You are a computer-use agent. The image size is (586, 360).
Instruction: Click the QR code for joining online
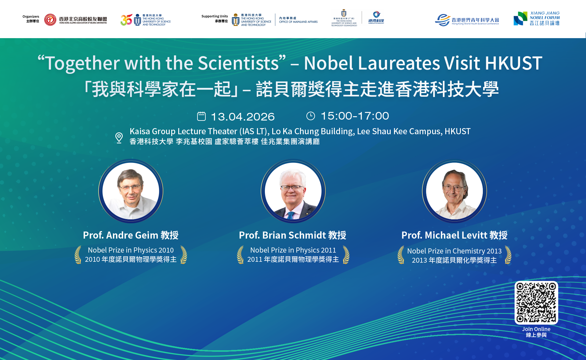click(536, 302)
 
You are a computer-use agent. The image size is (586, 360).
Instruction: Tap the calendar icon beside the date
click(201, 116)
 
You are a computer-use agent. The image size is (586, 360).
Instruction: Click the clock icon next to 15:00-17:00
click(310, 116)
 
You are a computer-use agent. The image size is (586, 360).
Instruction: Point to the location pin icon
click(119, 138)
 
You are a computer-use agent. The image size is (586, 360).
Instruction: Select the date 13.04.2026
click(243, 117)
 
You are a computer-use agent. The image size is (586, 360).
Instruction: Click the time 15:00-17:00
click(355, 116)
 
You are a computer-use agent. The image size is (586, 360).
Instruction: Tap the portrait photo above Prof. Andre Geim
click(131, 191)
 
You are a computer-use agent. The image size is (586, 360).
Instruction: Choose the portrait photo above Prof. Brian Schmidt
click(293, 191)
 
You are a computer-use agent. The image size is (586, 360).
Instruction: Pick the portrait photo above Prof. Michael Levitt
click(454, 191)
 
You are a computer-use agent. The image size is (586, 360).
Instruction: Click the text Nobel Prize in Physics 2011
click(293, 250)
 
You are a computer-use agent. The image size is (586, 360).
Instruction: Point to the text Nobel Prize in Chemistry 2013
click(454, 251)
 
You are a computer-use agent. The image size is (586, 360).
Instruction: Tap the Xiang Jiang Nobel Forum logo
click(536, 19)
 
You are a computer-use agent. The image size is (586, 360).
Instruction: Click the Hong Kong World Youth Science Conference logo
click(467, 20)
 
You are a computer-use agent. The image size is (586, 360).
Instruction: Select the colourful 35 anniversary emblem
click(126, 20)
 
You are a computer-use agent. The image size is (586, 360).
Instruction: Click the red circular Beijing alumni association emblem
click(50, 20)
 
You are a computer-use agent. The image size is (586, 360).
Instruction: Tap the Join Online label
click(536, 329)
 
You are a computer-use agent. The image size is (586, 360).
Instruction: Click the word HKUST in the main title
click(513, 63)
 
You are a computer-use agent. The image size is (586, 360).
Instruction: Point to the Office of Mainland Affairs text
click(298, 20)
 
